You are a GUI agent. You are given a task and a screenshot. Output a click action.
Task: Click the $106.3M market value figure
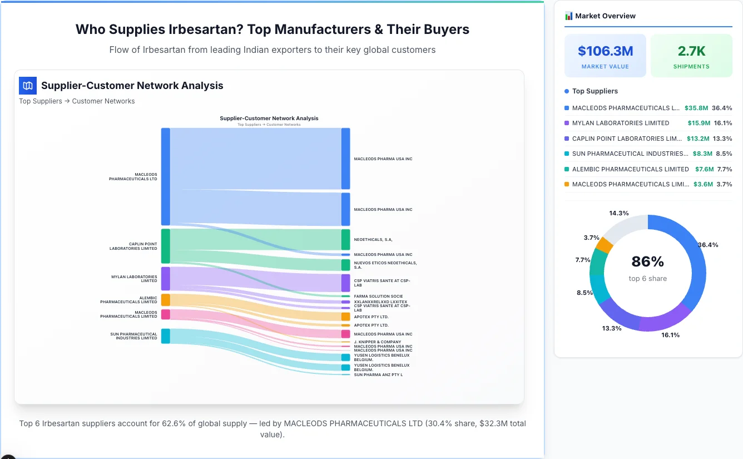(x=605, y=51)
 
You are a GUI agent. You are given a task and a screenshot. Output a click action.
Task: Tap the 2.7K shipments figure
(x=691, y=51)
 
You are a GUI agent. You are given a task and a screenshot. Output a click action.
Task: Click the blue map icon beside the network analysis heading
(x=28, y=86)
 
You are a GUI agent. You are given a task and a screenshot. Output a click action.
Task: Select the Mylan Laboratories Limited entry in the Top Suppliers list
(x=620, y=123)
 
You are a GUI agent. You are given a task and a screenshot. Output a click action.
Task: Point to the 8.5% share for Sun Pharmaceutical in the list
(x=724, y=154)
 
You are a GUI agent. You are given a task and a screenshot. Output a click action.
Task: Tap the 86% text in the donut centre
(x=647, y=261)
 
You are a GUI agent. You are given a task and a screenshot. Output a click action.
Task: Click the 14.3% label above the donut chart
(x=618, y=213)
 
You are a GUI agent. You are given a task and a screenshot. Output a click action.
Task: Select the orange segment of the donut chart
(x=604, y=245)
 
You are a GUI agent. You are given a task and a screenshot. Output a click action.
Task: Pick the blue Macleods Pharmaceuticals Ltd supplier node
(x=165, y=176)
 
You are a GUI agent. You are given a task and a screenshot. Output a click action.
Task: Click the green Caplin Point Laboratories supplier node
(x=165, y=246)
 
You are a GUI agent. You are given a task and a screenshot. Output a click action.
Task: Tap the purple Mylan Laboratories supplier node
(x=165, y=278)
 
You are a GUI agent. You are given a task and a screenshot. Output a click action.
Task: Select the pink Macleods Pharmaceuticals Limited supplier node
(x=165, y=314)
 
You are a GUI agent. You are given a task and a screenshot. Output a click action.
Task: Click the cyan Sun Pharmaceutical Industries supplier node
(x=165, y=335)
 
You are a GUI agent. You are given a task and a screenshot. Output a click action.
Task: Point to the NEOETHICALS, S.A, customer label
(x=373, y=239)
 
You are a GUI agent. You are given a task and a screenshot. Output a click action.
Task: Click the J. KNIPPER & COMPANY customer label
(x=377, y=342)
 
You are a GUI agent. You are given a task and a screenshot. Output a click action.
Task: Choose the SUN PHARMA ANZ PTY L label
(x=378, y=374)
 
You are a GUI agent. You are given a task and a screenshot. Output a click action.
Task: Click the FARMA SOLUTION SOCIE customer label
(x=378, y=296)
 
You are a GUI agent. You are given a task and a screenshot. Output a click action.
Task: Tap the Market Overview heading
(x=605, y=16)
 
